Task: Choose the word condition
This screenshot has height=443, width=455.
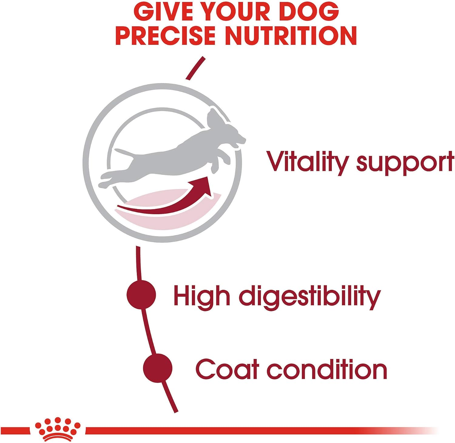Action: point(327,369)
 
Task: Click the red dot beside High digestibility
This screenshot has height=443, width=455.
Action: point(141,295)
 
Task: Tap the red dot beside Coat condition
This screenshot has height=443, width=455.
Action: point(158,368)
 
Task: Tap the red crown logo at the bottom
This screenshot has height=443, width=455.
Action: point(58,429)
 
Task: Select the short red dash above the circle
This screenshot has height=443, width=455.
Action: point(196,68)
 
